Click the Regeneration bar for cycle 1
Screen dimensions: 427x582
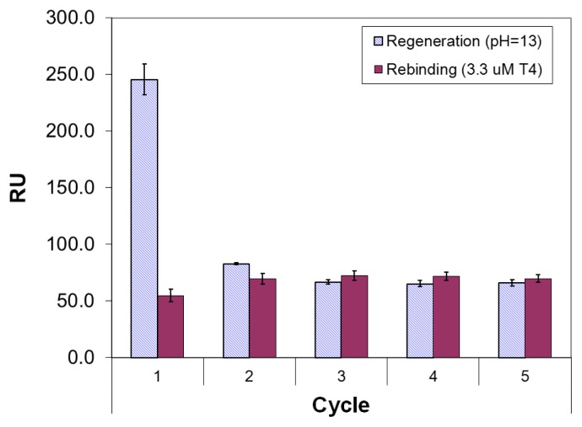143,218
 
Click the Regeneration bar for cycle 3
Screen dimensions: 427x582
327,319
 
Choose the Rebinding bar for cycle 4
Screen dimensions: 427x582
446,317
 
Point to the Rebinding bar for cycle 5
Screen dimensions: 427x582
538,318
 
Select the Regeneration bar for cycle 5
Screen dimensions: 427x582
511,320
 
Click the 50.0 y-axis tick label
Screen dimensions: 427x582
79,301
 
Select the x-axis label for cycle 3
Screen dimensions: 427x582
341,376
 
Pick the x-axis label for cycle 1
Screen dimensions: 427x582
157,376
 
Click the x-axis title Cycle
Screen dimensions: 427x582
341,405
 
